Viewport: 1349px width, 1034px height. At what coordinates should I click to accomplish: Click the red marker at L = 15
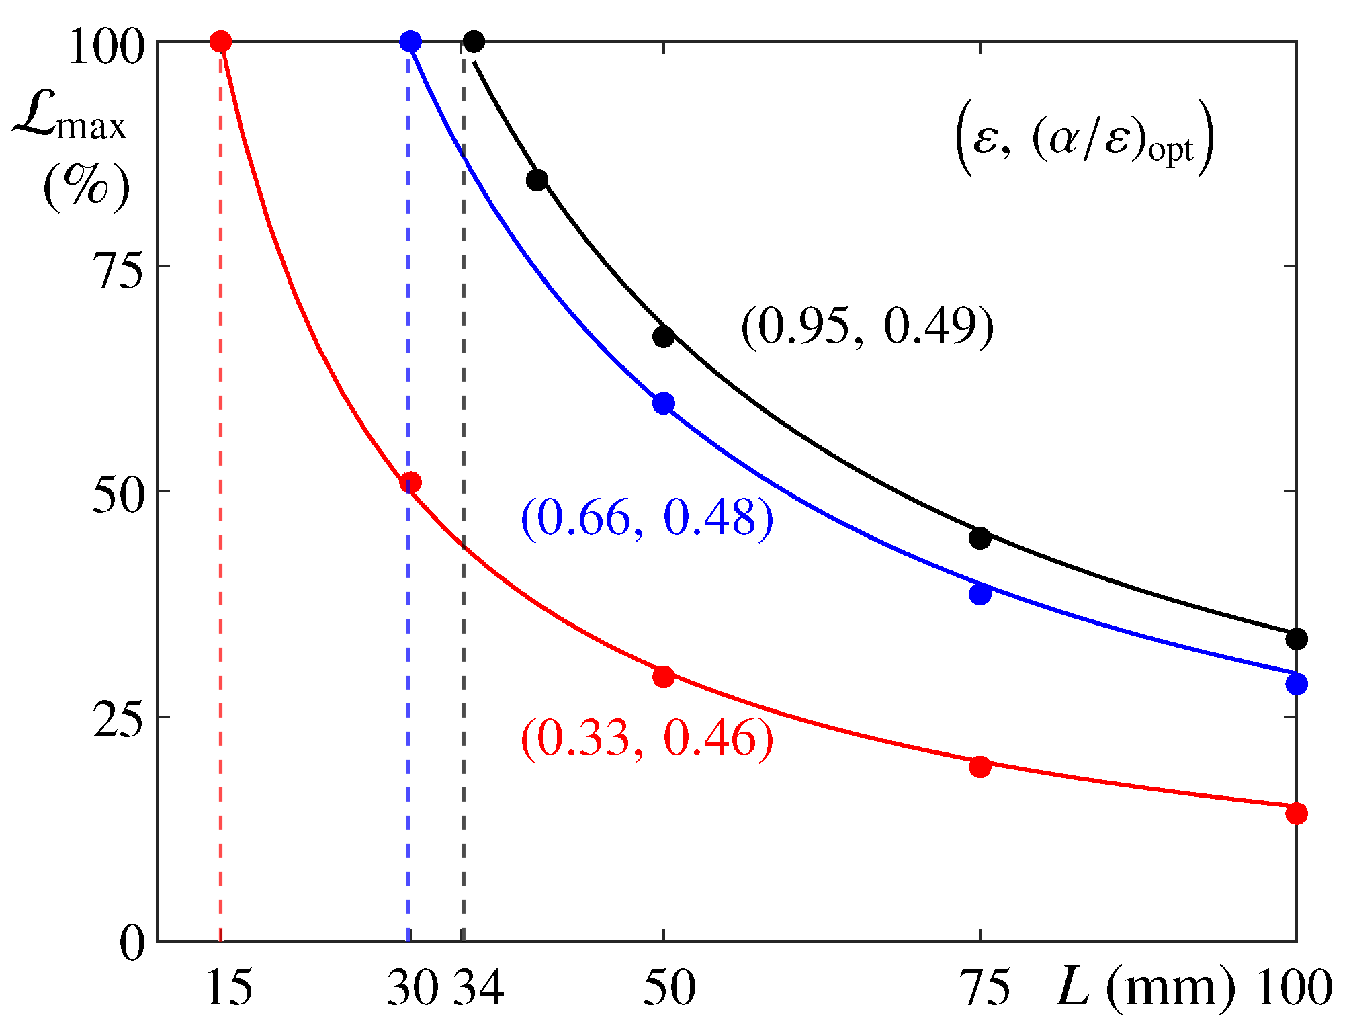pyautogui.click(x=220, y=42)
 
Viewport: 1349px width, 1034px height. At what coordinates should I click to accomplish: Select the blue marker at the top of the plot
pyautogui.click(x=410, y=42)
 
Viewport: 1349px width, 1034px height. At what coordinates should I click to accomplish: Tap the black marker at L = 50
pyautogui.click(x=663, y=337)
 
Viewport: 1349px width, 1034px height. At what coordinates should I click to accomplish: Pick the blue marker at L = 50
pyautogui.click(x=663, y=403)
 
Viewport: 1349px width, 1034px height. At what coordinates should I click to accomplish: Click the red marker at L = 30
pyautogui.click(x=410, y=482)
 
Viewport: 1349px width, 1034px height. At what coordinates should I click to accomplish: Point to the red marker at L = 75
pyautogui.click(x=980, y=766)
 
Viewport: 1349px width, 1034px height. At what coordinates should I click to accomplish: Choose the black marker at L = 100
pyautogui.click(x=1296, y=638)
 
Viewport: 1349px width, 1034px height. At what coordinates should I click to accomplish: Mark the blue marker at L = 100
pyautogui.click(x=1296, y=684)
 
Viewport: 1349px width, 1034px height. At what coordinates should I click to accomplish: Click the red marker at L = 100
pyautogui.click(x=1296, y=813)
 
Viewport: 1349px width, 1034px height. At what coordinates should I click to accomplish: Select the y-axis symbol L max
pyautogui.click(x=71, y=121)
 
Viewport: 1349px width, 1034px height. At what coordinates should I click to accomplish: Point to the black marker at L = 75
pyautogui.click(x=980, y=537)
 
